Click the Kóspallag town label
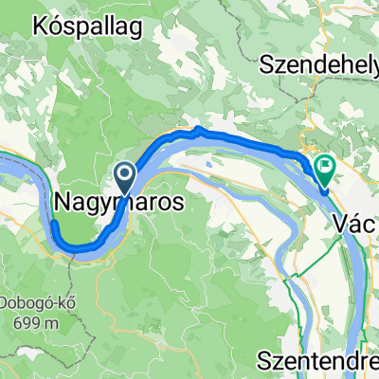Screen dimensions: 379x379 pos(87,26)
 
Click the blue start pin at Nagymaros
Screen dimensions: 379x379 pos(124,173)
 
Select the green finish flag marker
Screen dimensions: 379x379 pos(326,169)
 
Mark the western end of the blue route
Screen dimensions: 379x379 pos(54,198)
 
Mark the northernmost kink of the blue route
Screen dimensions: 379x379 pos(197,128)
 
